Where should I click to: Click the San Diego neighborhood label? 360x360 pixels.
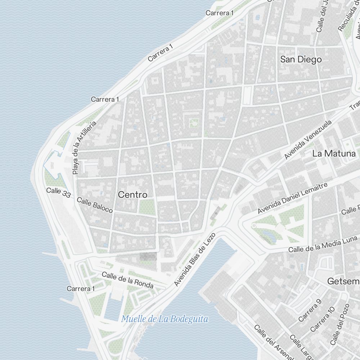coord(301,59)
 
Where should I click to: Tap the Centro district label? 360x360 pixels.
coord(133,195)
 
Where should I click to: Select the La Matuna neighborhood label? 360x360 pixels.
coord(334,153)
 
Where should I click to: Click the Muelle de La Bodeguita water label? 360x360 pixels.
coord(165,319)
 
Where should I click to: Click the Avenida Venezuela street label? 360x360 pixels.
coord(307,140)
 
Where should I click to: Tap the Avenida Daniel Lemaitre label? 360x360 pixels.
coord(292,198)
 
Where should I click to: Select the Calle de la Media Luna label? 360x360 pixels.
coord(323,244)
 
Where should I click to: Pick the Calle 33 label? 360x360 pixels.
coord(58,192)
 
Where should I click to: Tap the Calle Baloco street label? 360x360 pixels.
coord(95,205)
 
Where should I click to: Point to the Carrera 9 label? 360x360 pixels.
coord(309,310)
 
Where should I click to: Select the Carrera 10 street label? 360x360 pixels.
coord(323,319)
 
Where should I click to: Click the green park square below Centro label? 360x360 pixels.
coord(147,207)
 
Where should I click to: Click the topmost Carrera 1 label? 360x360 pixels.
coord(220,13)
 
